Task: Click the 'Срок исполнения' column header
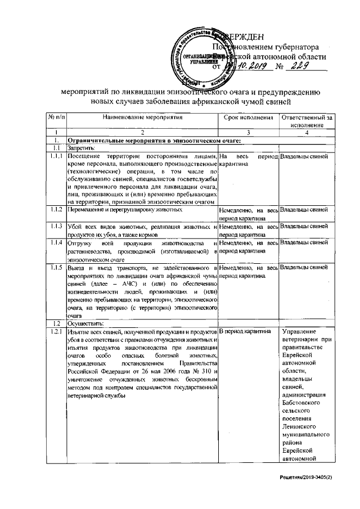tap(249, 118)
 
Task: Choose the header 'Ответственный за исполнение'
tap(307, 121)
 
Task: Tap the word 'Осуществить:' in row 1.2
tap(86, 323)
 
